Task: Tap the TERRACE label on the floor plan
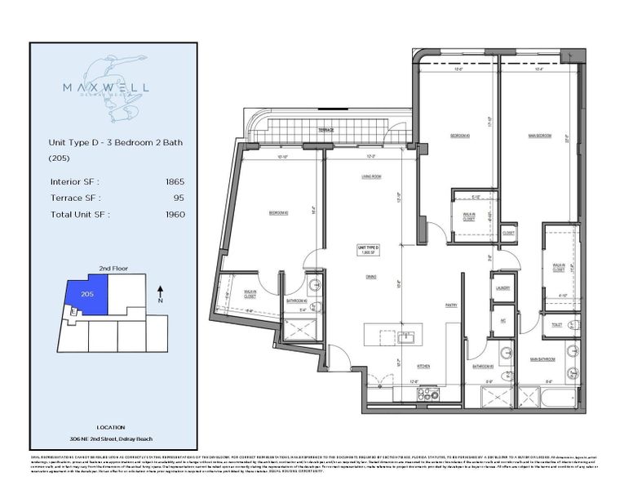click(x=326, y=129)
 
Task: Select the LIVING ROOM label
click(x=373, y=176)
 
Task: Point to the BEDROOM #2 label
click(x=279, y=214)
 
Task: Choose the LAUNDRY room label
click(x=502, y=287)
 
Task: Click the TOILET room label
click(x=557, y=324)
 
